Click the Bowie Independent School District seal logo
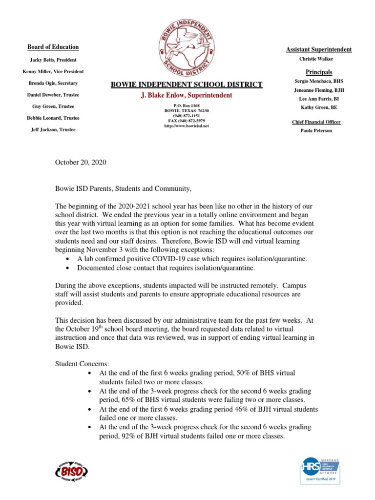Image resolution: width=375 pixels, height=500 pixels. tap(187, 48)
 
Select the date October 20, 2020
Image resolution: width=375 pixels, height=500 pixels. tap(81, 162)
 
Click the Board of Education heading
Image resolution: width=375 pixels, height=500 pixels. tap(53, 47)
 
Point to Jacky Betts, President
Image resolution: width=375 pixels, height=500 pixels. tap(53, 60)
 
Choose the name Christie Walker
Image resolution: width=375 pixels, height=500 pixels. tap(316, 59)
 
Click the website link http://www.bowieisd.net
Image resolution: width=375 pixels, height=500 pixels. tap(187, 126)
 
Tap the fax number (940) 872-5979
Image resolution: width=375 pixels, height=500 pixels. tap(187, 121)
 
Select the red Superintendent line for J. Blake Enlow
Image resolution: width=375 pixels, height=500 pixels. tap(187, 95)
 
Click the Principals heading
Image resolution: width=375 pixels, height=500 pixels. tap(319, 72)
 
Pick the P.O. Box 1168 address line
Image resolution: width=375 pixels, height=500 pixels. tap(187, 106)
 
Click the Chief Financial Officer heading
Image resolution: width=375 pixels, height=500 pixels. tap(316, 122)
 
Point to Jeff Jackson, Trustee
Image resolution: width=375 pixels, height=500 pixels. tap(53, 129)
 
